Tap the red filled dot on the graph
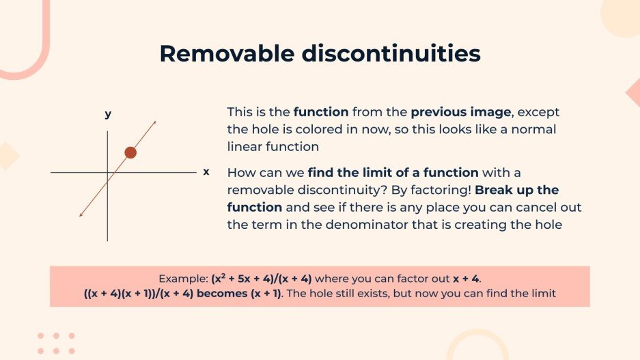point(130,152)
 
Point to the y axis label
point(108,114)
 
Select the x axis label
point(206,171)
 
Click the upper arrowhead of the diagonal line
point(154,123)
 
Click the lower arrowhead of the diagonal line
point(81,215)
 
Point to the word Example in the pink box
point(181,279)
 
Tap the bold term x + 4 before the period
point(466,279)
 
